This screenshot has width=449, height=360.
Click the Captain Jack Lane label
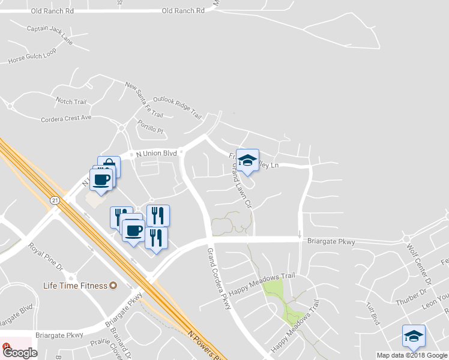coord(50,35)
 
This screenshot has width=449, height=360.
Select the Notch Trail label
coord(71,101)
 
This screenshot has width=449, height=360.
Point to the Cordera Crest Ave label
coord(66,118)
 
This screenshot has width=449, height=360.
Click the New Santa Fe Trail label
coord(144,100)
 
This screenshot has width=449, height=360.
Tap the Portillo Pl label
coord(150,126)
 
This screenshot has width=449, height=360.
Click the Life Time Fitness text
coord(74,286)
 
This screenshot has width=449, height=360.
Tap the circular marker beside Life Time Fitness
coord(112,286)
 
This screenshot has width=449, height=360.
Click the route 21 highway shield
coord(55,200)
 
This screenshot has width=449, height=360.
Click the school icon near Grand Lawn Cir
coord(247,160)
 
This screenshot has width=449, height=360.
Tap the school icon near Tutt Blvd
coord(414,336)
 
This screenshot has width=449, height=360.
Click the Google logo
coord(20,353)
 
